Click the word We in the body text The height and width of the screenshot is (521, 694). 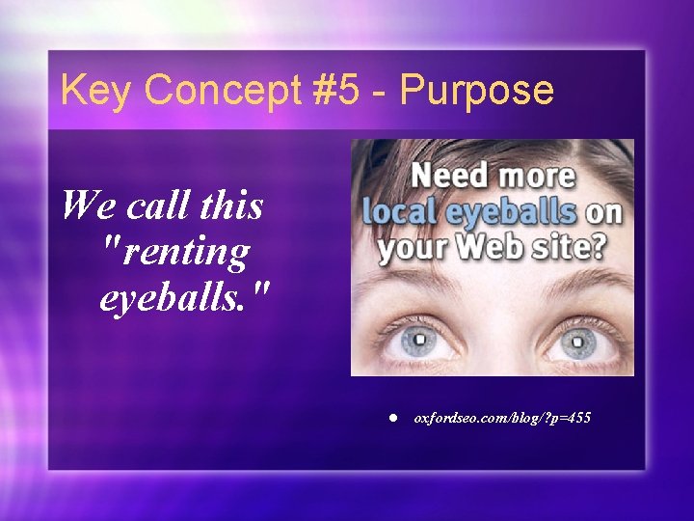click(83, 205)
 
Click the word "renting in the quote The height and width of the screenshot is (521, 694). click(174, 252)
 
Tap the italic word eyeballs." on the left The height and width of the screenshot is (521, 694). click(177, 298)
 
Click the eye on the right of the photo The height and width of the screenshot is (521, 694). click(577, 341)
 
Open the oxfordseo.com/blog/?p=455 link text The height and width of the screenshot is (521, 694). click(502, 418)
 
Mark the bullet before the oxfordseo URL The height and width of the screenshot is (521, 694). click(393, 418)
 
